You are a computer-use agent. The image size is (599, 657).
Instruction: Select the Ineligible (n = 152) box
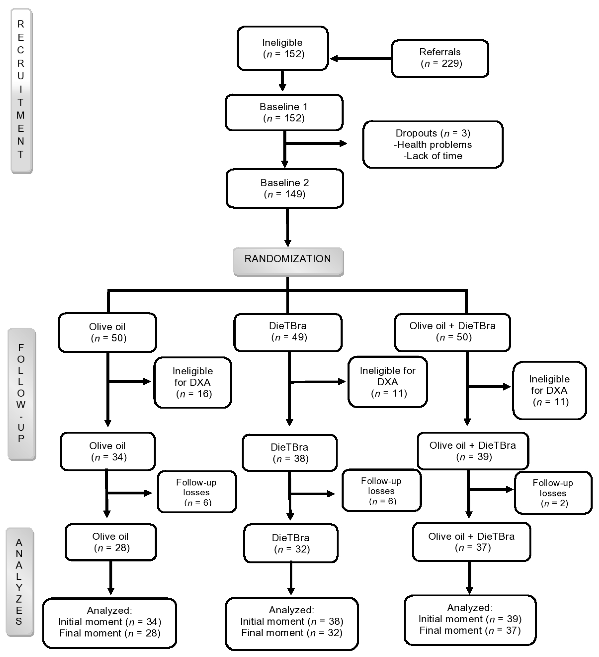pos(282,48)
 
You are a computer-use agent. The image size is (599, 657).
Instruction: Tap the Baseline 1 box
pos(284,112)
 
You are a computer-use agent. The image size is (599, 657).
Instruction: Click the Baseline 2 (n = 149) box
pos(285,188)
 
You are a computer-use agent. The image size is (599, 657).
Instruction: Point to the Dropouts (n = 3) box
pos(433,144)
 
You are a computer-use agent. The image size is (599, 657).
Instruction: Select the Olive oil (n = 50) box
pos(107,332)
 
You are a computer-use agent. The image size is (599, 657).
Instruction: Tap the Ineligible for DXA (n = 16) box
pos(193,382)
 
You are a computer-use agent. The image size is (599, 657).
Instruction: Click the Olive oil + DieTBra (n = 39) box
pos(472,451)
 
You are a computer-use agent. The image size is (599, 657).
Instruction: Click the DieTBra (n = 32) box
pos(291,543)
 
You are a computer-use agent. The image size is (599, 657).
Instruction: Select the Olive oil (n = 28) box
pos(111,542)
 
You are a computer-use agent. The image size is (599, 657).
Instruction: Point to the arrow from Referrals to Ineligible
pos(360,59)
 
